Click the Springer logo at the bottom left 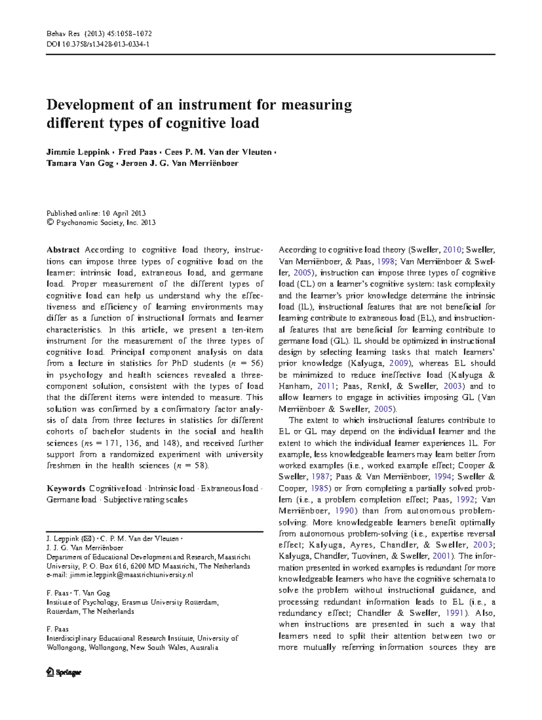point(64,672)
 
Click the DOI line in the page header point(98,44)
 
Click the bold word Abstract point(63,250)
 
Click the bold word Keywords point(66,489)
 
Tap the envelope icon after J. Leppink point(89,539)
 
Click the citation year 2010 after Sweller point(452,250)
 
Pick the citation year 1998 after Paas point(386,261)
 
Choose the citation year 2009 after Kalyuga point(399,363)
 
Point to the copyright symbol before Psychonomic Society point(50,222)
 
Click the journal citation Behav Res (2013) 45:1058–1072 point(99,34)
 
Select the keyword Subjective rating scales point(145,500)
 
